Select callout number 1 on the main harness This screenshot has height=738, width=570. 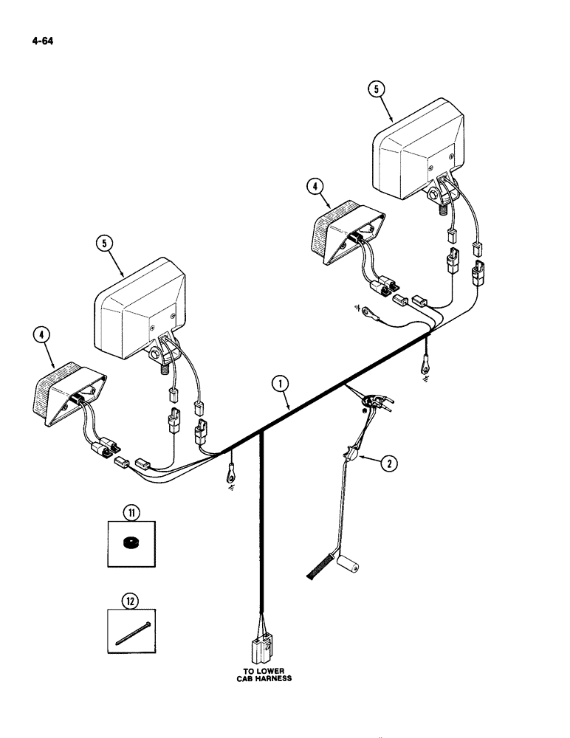pyautogui.click(x=278, y=384)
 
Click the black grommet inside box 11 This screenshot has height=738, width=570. pyautogui.click(x=130, y=543)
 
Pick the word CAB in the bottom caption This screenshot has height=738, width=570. pyautogui.click(x=244, y=678)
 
